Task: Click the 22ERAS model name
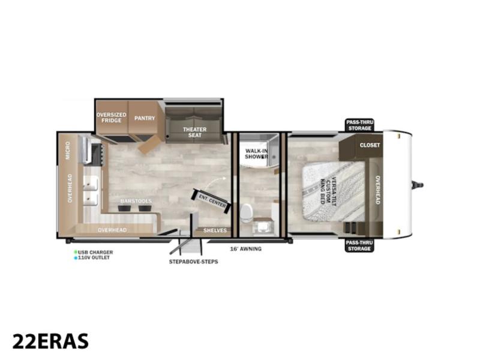click(50, 341)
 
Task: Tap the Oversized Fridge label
click(112, 118)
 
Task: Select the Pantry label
click(145, 118)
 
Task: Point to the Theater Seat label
click(194, 132)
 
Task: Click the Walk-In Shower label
click(257, 154)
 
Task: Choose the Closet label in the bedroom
click(370, 145)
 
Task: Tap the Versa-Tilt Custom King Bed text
click(328, 191)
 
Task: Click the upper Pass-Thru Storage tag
click(359, 125)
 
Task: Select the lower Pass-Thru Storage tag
click(359, 245)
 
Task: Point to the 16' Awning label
click(246, 249)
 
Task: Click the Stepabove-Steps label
click(193, 262)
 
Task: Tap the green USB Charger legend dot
click(76, 252)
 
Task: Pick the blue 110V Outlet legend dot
click(76, 258)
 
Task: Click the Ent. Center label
click(212, 200)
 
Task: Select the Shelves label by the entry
click(215, 230)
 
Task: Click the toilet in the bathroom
click(247, 213)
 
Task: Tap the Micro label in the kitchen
click(68, 151)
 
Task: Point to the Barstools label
click(136, 201)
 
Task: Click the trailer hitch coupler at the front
click(417, 185)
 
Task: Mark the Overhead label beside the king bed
click(378, 190)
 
